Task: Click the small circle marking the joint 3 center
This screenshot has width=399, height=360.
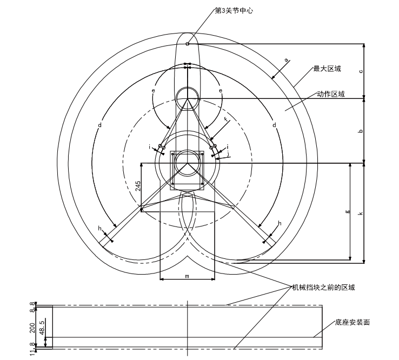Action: point(187,44)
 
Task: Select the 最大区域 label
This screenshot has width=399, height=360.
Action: point(327,69)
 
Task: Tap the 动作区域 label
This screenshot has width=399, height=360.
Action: point(330,94)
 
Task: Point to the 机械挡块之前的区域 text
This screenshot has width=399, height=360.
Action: point(323,287)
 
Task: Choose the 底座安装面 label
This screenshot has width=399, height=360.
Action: point(352,323)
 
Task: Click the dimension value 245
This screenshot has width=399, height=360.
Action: point(138,186)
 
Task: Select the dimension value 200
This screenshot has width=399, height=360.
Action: point(33,327)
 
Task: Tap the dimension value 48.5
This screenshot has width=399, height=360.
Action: point(42,326)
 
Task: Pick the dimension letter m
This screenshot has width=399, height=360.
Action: point(187,276)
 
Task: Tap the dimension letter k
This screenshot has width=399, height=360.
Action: point(361,214)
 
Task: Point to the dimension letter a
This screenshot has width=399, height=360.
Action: point(287,60)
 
